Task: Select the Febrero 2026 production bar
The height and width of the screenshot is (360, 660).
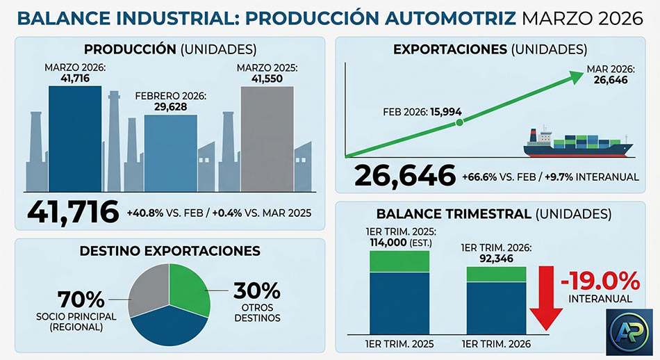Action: [170, 153]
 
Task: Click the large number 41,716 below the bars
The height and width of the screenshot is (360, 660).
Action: [73, 211]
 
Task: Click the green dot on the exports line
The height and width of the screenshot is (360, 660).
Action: [459, 123]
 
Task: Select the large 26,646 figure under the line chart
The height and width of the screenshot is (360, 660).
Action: [405, 177]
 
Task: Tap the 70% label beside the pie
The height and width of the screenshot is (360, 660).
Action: [81, 300]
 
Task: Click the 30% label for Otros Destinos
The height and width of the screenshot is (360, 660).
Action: [256, 290]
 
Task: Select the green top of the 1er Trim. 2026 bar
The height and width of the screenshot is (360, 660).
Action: [496, 274]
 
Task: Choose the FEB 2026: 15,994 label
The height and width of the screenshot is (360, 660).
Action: [422, 112]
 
